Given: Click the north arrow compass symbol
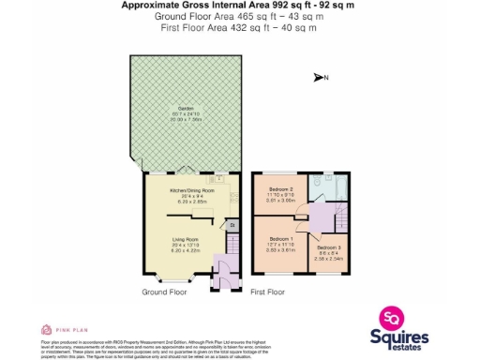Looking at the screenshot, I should (x=321, y=78).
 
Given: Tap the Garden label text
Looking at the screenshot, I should (x=182, y=113).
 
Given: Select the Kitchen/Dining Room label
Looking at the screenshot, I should (x=192, y=191).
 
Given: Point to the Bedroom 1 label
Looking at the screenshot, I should (x=276, y=241).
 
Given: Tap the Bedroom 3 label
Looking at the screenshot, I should (x=326, y=247).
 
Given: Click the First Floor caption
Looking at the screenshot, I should (x=267, y=292).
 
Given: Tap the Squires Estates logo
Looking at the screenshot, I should (x=402, y=331).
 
